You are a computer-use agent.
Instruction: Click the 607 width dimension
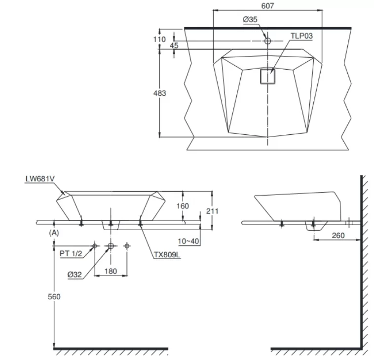point(267,5)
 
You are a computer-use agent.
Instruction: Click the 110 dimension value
point(159,39)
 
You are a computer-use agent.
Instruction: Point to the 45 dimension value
point(174,45)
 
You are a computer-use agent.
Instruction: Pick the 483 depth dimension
point(160,93)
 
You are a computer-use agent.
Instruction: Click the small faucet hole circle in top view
point(267,41)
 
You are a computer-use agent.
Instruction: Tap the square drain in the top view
point(268,77)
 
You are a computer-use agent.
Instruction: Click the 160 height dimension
point(183,206)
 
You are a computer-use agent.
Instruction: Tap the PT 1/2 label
point(71,253)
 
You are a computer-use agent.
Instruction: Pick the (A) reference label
point(54,232)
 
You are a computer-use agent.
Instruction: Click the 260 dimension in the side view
point(338,236)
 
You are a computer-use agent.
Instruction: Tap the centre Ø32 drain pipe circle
point(111,245)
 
